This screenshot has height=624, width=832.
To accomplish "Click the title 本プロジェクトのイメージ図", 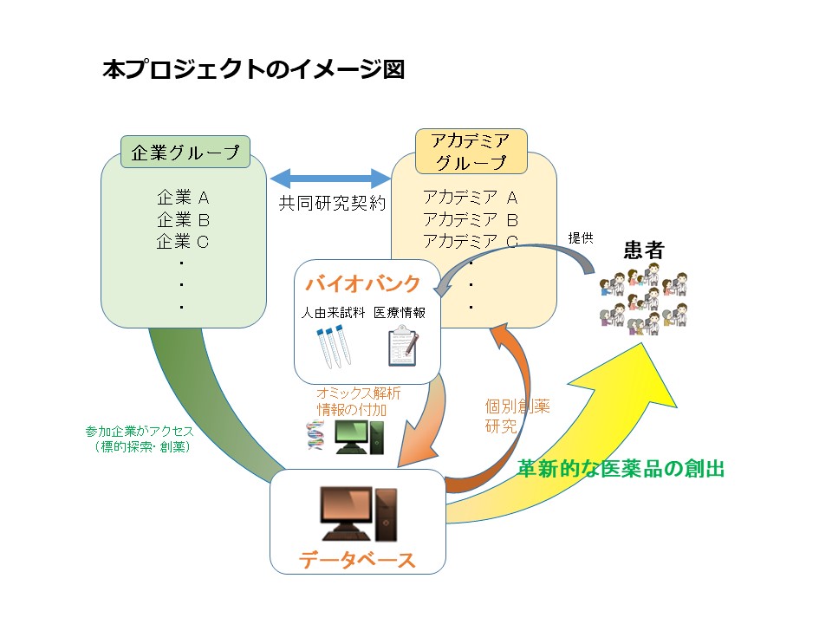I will pyautogui.click(x=253, y=70).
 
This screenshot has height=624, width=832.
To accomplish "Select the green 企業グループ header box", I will pyautogui.click(x=185, y=153).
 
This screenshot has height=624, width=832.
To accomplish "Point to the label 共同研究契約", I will pyautogui.click(x=331, y=204).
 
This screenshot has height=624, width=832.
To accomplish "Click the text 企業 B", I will pyautogui.click(x=183, y=219).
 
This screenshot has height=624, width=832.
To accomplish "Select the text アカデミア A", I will pyautogui.click(x=470, y=198).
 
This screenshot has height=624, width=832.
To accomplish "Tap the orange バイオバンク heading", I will pyautogui.click(x=363, y=283).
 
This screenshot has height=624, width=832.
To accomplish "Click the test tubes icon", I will pyautogui.click(x=331, y=345).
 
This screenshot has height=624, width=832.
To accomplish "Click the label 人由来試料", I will pyautogui.click(x=334, y=313).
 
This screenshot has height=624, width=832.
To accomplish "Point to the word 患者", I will pyautogui.click(x=644, y=251).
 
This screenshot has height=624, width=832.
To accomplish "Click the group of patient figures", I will pyautogui.click(x=643, y=300).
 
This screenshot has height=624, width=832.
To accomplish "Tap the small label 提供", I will pyautogui.click(x=581, y=237).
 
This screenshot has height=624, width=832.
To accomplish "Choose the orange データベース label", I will pyautogui.click(x=357, y=560).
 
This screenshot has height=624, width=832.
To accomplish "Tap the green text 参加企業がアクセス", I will pyautogui.click(x=139, y=431).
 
